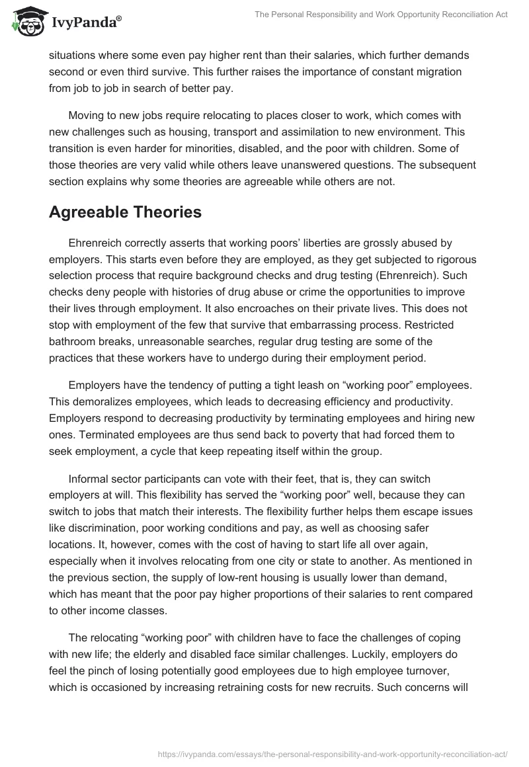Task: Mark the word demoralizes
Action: click(x=102, y=401)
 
